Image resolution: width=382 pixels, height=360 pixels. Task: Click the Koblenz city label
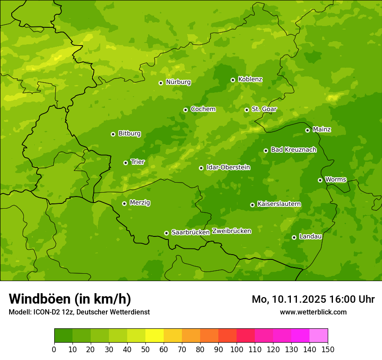pyautogui.click(x=250, y=79)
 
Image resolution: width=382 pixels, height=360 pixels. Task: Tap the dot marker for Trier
pyautogui.click(x=125, y=163)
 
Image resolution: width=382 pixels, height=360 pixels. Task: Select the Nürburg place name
pyautogui.click(x=178, y=82)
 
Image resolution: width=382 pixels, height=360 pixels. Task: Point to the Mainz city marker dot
pyautogui.click(x=307, y=130)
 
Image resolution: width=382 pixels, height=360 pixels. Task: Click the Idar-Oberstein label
pyautogui.click(x=228, y=167)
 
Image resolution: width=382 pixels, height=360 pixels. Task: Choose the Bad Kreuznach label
pyautogui.click(x=293, y=150)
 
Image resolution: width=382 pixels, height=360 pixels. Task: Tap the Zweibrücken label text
pyautogui.click(x=231, y=231)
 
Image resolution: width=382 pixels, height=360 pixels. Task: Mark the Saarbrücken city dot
pyautogui.click(x=166, y=233)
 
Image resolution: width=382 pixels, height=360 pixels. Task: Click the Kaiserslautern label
pyautogui.click(x=279, y=204)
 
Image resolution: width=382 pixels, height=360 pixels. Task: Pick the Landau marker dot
pyautogui.click(x=294, y=237)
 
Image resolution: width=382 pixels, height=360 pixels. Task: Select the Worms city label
pyautogui.click(x=336, y=180)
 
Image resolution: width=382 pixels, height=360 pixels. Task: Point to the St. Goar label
pyautogui.click(x=264, y=109)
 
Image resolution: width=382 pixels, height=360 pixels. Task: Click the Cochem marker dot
pyautogui.click(x=185, y=110)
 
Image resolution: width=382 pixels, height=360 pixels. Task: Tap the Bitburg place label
pyautogui.click(x=129, y=134)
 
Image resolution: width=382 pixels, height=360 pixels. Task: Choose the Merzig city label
pyautogui.click(x=140, y=203)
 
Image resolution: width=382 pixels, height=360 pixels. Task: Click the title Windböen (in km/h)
pyautogui.click(x=69, y=299)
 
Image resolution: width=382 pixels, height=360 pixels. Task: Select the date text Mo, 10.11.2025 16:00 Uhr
pyautogui.click(x=313, y=299)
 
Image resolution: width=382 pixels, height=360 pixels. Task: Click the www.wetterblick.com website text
pyautogui.click(x=313, y=312)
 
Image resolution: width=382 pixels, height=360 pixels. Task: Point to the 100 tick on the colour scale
pyautogui.click(x=237, y=349)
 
